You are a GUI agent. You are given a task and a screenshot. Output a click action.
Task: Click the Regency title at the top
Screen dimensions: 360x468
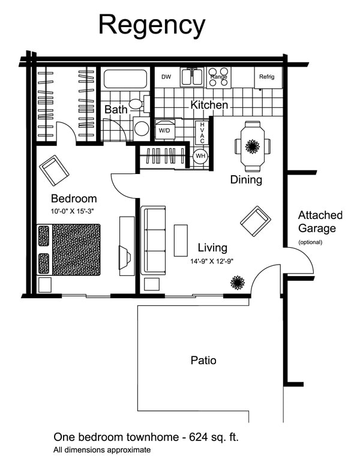152,26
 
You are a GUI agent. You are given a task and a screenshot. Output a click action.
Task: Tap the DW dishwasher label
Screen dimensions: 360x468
166,77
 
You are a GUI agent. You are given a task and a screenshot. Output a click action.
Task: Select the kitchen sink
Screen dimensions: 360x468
192,77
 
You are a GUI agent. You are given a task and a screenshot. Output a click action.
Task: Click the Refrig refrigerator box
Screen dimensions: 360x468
268,77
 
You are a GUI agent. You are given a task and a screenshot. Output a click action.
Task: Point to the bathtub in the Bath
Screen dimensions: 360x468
125,79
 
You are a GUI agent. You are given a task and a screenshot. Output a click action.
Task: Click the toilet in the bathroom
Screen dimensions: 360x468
139,104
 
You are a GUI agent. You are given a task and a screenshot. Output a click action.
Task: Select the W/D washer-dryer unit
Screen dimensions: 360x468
165,130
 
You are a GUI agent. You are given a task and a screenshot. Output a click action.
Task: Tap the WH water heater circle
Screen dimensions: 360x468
200,156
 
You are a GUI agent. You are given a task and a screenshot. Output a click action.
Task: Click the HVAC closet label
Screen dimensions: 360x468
202,133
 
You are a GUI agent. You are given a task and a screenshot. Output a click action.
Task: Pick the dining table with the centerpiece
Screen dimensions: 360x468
252,146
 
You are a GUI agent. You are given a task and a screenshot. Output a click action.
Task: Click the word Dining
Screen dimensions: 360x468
246,179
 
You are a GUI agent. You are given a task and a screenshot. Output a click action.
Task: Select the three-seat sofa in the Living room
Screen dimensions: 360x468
153,240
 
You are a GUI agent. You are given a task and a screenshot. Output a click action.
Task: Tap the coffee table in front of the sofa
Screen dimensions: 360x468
181,241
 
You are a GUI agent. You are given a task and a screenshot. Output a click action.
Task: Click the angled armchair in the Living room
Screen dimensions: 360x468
256,221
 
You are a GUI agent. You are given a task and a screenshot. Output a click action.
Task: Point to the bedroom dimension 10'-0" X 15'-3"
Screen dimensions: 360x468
72,211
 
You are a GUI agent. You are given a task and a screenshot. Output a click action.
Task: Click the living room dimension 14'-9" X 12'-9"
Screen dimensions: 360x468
212,261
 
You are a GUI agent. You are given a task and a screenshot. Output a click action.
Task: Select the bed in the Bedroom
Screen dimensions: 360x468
68,250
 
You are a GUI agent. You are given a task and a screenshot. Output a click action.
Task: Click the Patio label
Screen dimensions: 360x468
203,360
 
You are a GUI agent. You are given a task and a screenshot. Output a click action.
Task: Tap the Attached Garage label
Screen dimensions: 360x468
320,222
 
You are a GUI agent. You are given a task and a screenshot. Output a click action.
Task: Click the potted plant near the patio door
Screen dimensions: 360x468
238,283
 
